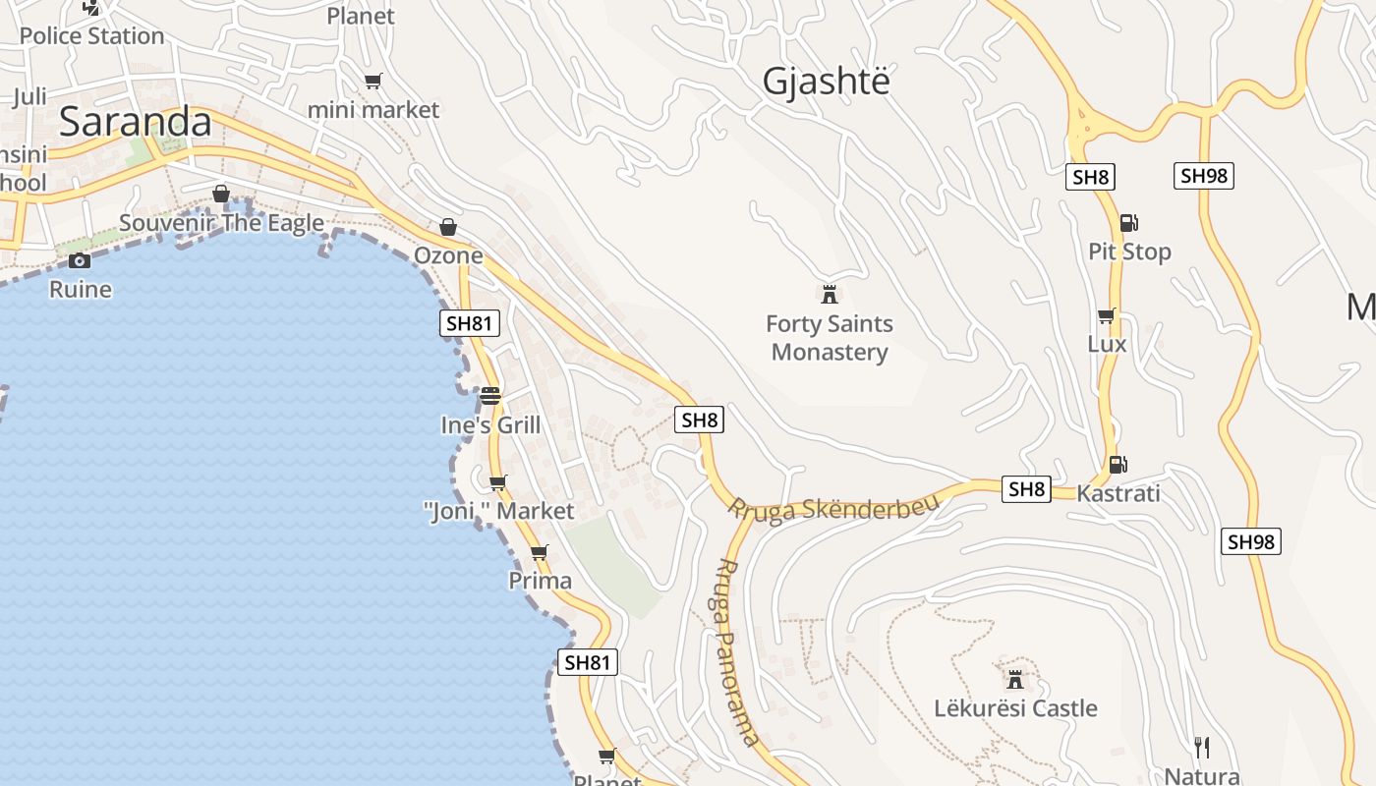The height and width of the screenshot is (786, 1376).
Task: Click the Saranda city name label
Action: pyautogui.click(x=136, y=122)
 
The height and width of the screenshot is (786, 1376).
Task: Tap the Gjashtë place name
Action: pyautogui.click(x=826, y=82)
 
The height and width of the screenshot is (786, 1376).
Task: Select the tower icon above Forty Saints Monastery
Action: pyautogui.click(x=830, y=294)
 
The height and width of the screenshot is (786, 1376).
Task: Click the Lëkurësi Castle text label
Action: pyautogui.click(x=1015, y=708)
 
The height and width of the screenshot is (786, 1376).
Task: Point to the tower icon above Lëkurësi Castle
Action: pyautogui.click(x=1015, y=679)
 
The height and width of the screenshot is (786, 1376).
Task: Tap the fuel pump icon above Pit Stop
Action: pyautogui.click(x=1128, y=223)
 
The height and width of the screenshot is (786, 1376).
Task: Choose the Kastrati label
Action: pyautogui.click(x=1118, y=493)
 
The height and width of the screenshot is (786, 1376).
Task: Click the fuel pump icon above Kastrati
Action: pyautogui.click(x=1118, y=465)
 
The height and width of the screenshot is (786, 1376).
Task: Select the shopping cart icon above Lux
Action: pyautogui.click(x=1107, y=316)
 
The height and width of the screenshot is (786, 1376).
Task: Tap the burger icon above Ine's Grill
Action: pyautogui.click(x=490, y=396)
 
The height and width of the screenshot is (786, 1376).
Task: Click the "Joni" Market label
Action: pyautogui.click(x=498, y=511)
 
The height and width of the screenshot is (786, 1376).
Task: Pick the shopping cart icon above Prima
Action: pyautogui.click(x=539, y=552)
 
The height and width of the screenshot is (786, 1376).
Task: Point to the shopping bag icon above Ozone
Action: pyautogui.click(x=448, y=227)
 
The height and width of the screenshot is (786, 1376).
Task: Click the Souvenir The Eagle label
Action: pyautogui.click(x=221, y=223)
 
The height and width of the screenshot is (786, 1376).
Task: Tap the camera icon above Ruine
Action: pyautogui.click(x=80, y=260)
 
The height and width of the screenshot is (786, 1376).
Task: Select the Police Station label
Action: pyautogui.click(x=91, y=36)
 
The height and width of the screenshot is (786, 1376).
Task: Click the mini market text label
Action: pyautogui.click(x=373, y=110)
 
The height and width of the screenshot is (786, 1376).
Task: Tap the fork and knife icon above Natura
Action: pyautogui.click(x=1200, y=748)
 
